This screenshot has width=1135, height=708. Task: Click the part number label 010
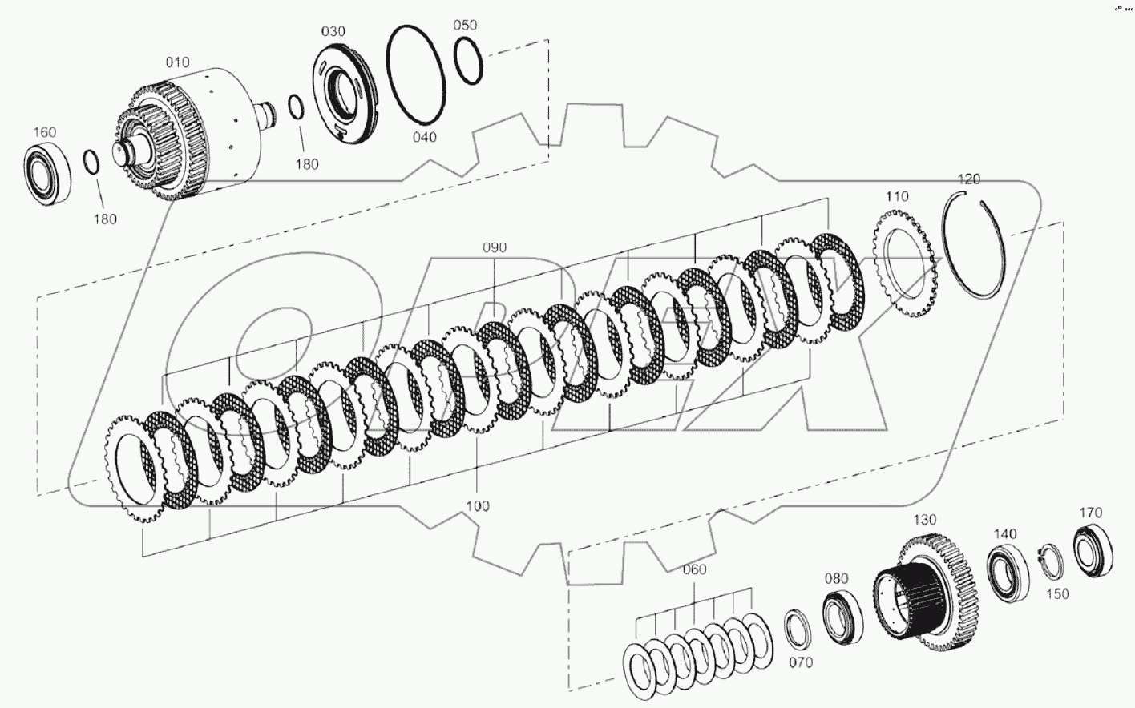tap(177, 62)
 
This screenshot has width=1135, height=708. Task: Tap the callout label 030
tap(333, 31)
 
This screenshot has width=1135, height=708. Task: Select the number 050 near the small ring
tap(465, 25)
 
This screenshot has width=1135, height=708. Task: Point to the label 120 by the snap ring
tap(968, 179)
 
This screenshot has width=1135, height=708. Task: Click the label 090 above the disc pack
tap(495, 247)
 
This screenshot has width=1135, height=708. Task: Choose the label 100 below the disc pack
tap(477, 506)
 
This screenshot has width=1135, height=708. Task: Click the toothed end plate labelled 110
tap(904, 257)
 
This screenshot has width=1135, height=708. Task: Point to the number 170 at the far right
tap(1090, 513)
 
